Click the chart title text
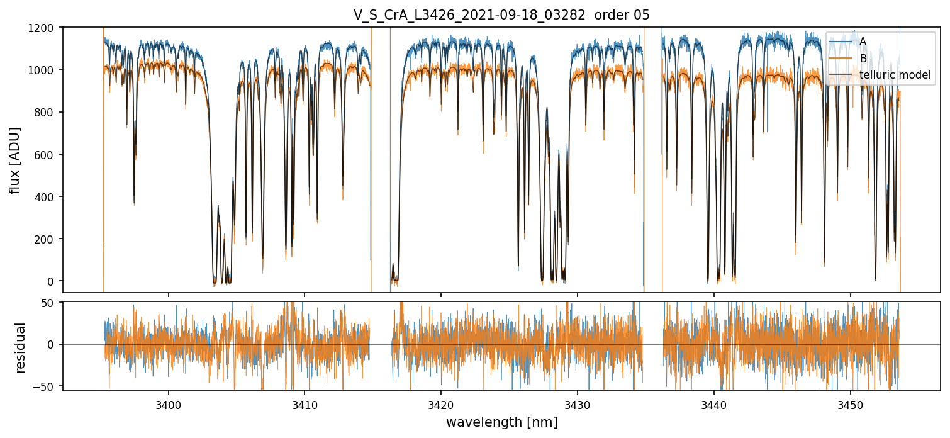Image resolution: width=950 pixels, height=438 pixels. click(x=501, y=14)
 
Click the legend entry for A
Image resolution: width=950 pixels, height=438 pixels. click(x=863, y=42)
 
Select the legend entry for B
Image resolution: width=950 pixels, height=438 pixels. click(x=863, y=59)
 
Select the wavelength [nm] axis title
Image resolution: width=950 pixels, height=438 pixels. click(x=501, y=422)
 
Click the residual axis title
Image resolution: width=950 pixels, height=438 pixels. click(x=21, y=347)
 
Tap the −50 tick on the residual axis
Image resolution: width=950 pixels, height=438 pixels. click(x=47, y=385)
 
